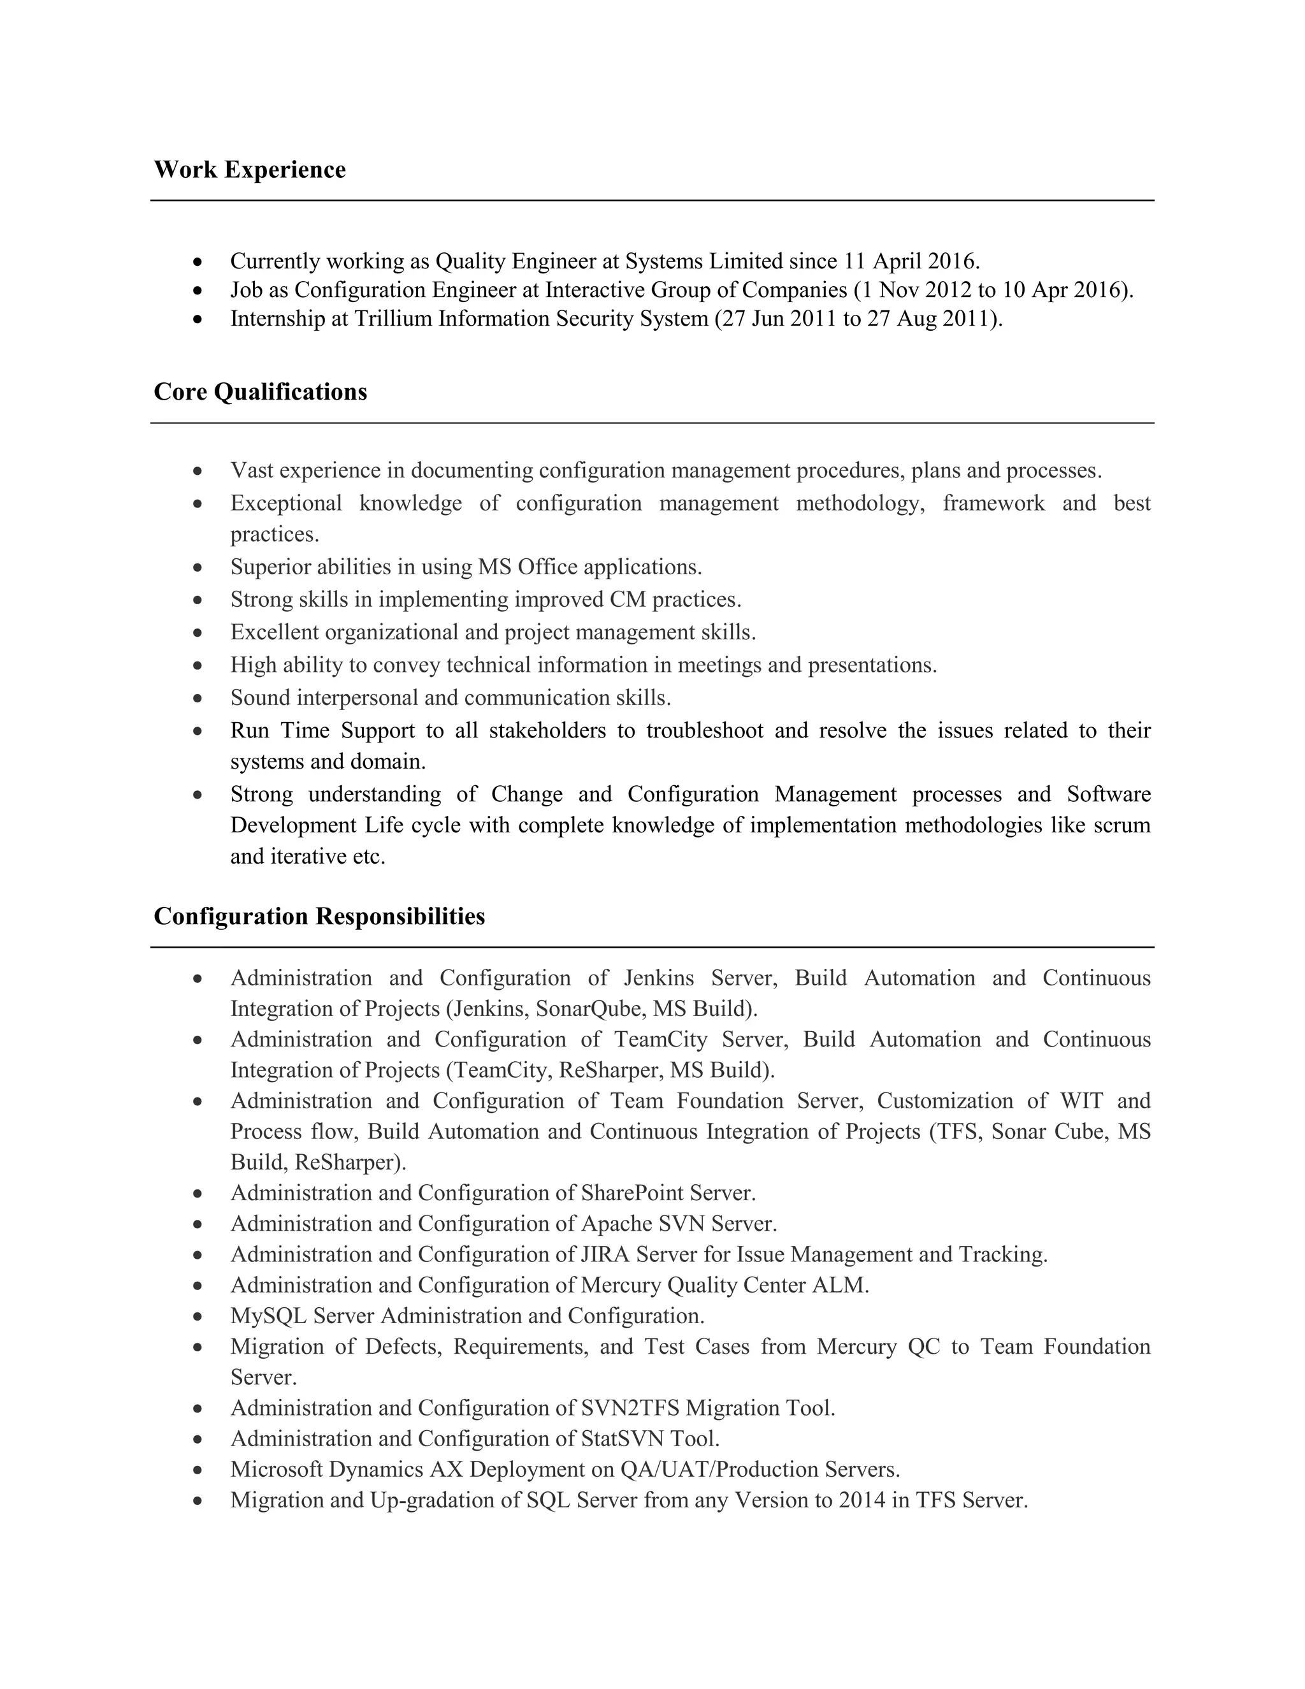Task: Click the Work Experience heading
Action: [250, 170]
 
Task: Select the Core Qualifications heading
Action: [261, 391]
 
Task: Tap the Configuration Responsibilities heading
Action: [319, 916]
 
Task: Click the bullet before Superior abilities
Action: [199, 567]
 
